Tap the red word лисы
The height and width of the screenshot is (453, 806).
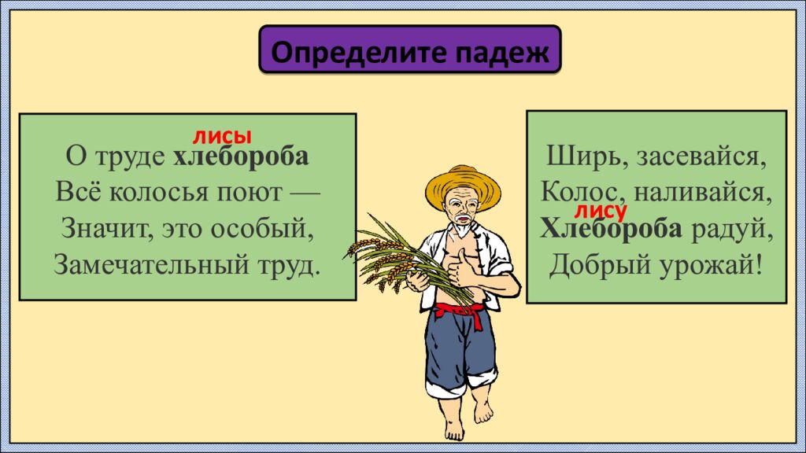223,135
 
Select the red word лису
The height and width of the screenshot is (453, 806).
601,210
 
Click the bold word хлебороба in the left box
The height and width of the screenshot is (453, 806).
241,157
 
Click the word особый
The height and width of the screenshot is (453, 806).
268,230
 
